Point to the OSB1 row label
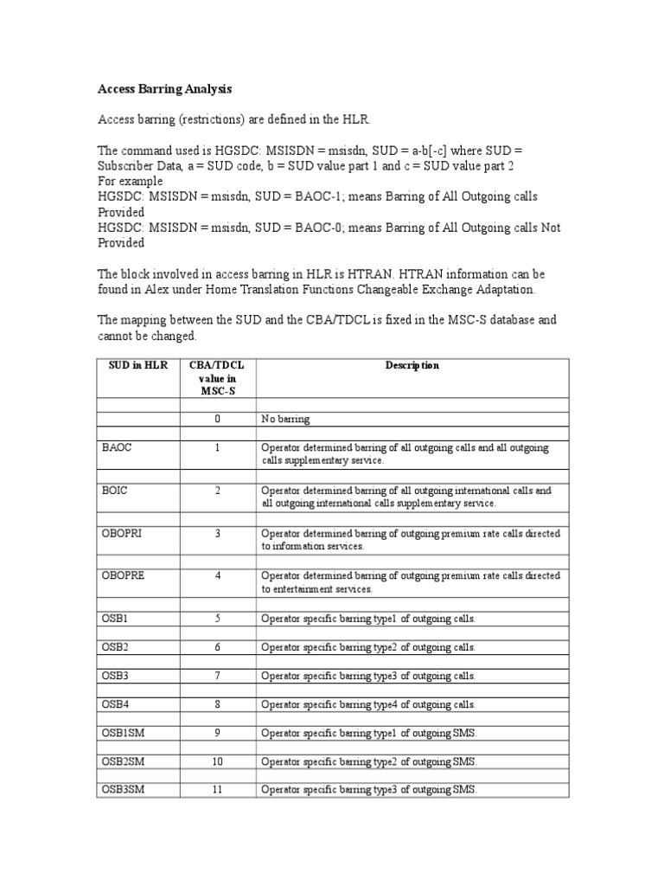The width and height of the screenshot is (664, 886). pyautogui.click(x=113, y=618)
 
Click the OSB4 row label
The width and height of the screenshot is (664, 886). pyautogui.click(x=113, y=703)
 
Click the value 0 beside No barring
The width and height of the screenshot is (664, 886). pyautogui.click(x=218, y=419)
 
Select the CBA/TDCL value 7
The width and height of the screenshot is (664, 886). pyautogui.click(x=218, y=675)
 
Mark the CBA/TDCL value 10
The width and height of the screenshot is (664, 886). pyautogui.click(x=218, y=761)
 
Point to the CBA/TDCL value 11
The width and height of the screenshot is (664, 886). pyautogui.click(x=218, y=789)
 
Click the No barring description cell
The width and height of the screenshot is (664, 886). pyautogui.click(x=285, y=419)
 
